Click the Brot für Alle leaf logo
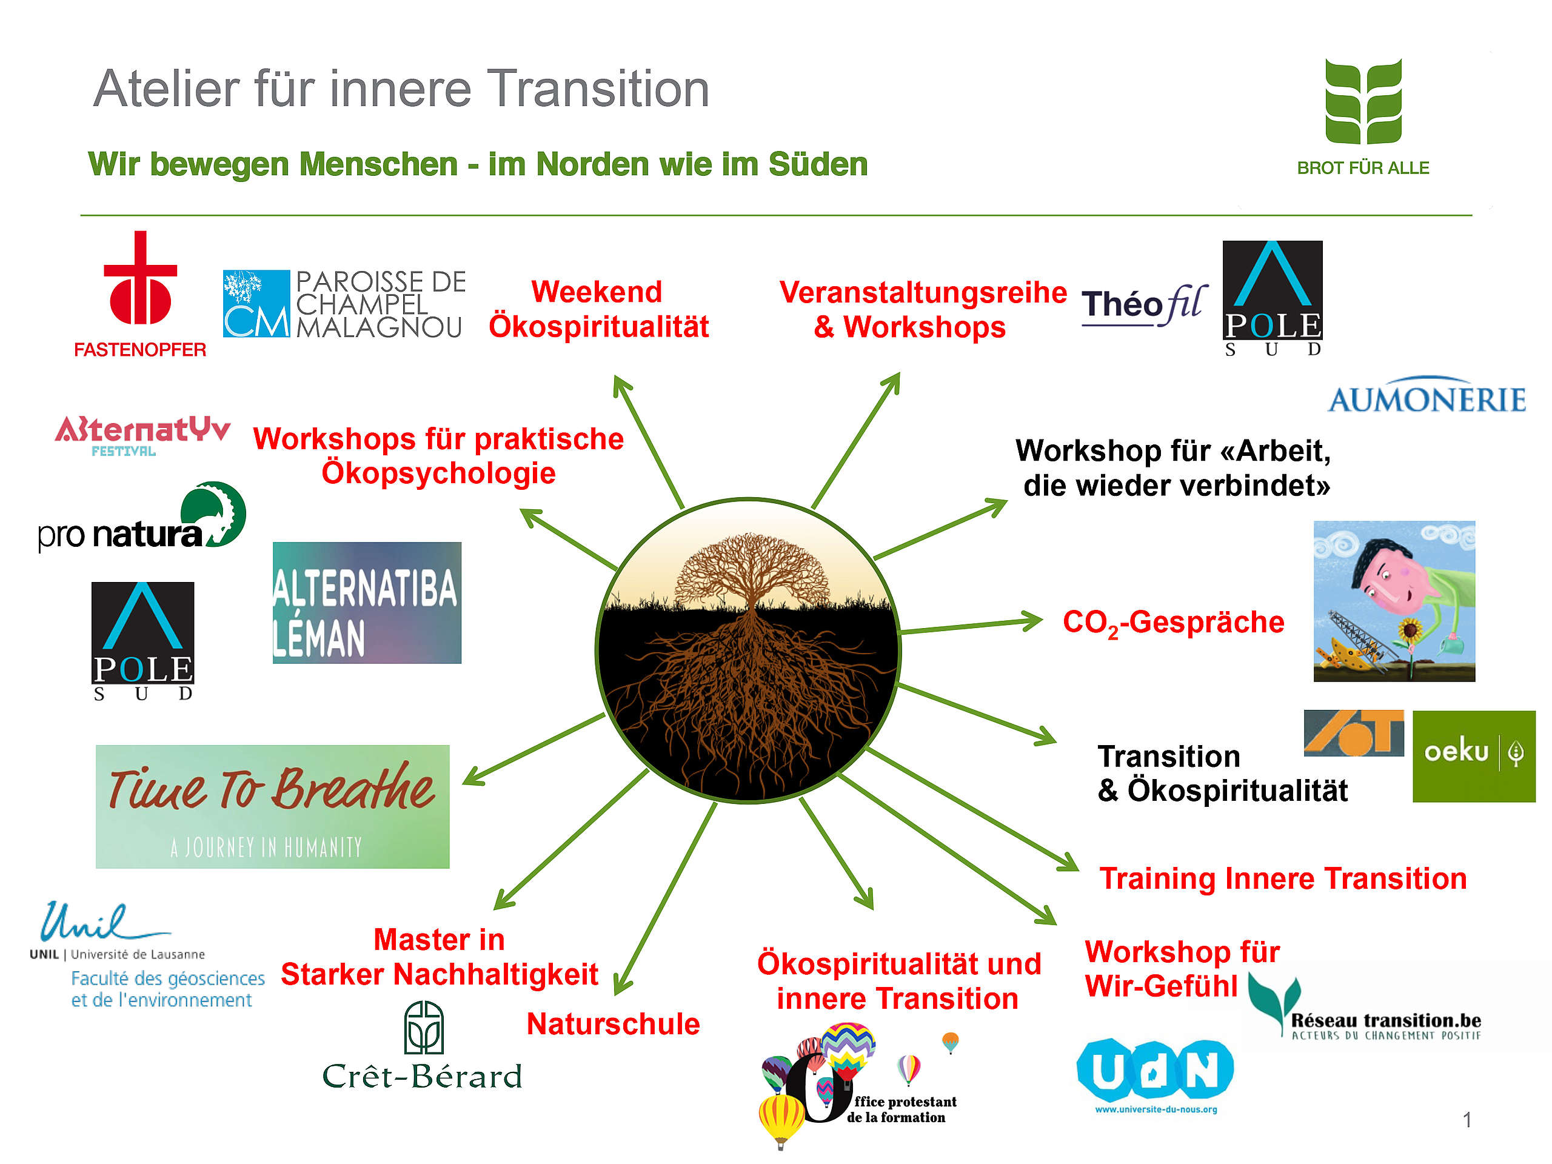pos(1363,101)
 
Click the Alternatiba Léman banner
pos(367,602)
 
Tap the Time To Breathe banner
pos(272,806)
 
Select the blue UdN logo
pos(1155,1071)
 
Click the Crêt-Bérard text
pos(423,1076)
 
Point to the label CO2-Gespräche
pos(1173,623)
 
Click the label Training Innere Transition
pos(1283,878)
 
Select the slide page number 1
pos(1467,1120)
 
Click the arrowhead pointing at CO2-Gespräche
pos(1031,620)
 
